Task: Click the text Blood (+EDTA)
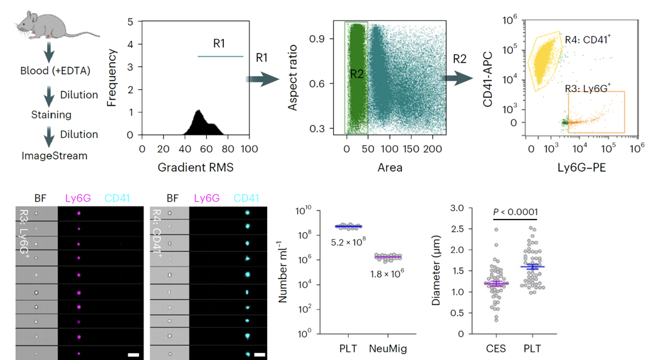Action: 56,70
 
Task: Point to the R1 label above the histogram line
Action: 219,45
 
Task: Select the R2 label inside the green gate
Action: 356,75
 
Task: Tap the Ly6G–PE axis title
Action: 582,167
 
